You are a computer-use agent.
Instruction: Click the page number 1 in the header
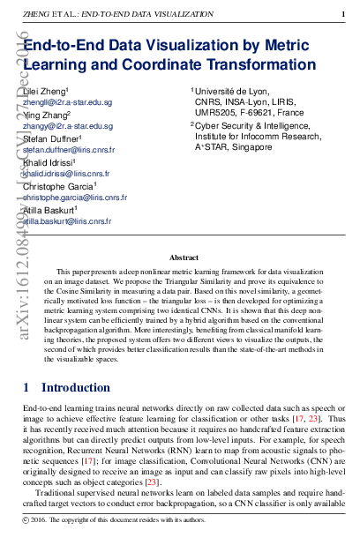[x=343, y=13]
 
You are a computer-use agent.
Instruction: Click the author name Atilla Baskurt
[x=51, y=212]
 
